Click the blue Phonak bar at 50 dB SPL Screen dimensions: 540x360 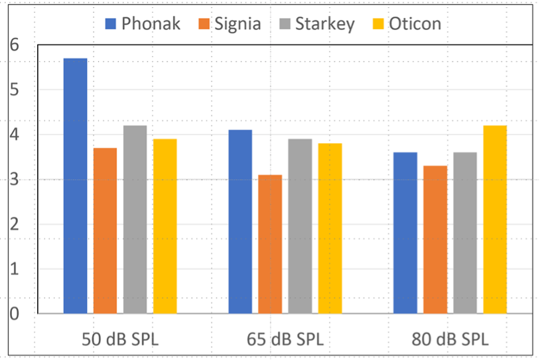pos(76,186)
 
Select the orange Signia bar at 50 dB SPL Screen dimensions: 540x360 pos(105,231)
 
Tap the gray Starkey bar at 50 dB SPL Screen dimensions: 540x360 pos(135,219)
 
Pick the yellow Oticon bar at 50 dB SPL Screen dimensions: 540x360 pos(165,226)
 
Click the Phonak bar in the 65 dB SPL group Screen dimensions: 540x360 pos(240,221)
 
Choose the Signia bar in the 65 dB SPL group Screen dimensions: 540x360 pos(270,244)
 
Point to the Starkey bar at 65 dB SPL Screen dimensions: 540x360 pos(300,226)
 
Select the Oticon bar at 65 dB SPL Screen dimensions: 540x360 pos(330,229)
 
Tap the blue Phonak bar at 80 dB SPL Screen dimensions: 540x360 pos(405,233)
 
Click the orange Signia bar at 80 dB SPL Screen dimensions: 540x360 pos(435,239)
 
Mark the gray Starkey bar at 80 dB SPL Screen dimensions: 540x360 pos(465,233)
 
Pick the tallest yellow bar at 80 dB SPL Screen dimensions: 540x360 pos(495,219)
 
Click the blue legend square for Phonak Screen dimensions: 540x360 pos(110,24)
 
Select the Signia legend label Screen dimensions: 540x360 pos(237,24)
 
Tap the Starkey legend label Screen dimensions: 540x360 pos(325,24)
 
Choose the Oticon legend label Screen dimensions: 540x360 pos(415,24)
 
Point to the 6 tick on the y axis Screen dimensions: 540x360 pos(14,44)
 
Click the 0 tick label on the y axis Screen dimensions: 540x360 pos(14,314)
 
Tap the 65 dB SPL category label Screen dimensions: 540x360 pos(285,339)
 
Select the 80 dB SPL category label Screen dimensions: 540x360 pos(450,339)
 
